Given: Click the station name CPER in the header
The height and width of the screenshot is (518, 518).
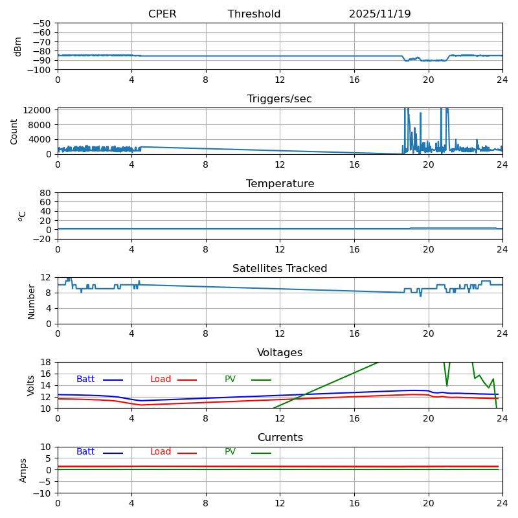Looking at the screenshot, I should coord(162,14).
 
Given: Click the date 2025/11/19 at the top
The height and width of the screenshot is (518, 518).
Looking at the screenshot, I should coord(379,14).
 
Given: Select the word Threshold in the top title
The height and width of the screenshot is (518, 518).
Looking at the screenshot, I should coord(254,14).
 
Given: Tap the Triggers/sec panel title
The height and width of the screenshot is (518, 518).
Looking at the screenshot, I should coord(280,99).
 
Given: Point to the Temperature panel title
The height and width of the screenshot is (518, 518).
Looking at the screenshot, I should coord(280,184).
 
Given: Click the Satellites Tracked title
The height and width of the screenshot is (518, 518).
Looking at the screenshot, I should coord(280,269).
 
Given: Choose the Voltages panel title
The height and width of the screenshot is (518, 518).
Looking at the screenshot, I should coord(280,353).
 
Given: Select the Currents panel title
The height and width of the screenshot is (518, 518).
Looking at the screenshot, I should coord(280,438).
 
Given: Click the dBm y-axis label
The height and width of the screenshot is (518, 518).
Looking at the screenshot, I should coord(18,46).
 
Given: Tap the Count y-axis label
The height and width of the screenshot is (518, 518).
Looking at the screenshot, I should coord(14,131).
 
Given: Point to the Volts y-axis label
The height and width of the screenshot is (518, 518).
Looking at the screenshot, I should coord(31,385).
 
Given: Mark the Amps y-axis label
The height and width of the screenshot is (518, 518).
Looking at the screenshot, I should coord(23,470).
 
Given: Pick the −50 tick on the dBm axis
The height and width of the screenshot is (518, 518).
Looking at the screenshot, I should coord(41,23).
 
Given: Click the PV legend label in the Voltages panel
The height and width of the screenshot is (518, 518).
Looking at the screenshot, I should coord(230,379).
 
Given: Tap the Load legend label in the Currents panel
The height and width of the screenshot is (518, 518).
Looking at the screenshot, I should coord(161,452).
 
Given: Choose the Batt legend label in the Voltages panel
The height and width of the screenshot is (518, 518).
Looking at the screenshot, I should coord(85,379).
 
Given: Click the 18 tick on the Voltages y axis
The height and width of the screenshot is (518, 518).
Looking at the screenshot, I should coord(47,363).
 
